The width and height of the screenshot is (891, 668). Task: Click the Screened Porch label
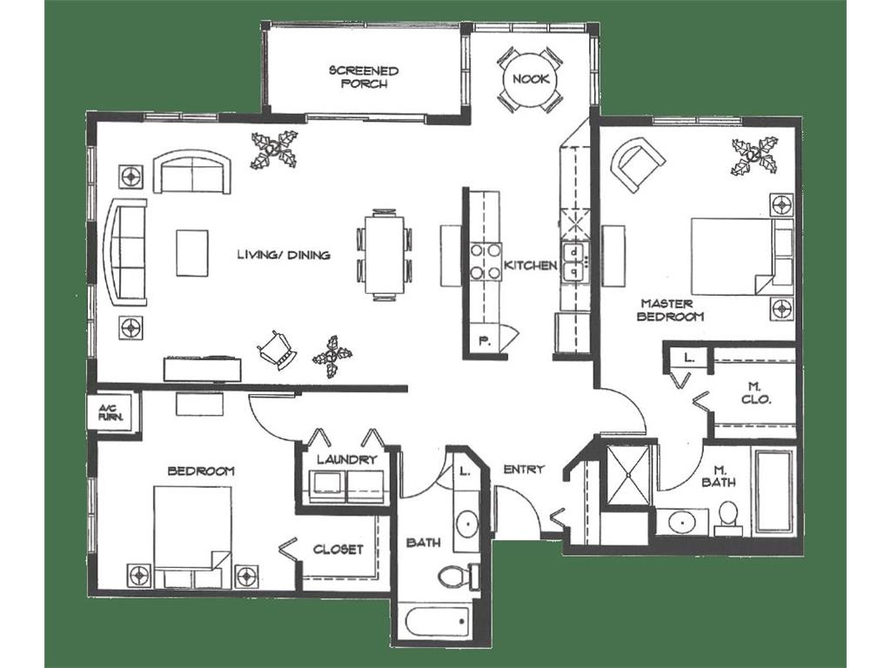click(x=364, y=77)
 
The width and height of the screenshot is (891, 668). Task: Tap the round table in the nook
click(x=529, y=79)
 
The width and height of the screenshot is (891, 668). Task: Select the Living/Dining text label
click(x=284, y=255)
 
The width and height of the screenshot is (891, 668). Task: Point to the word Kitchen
click(x=530, y=264)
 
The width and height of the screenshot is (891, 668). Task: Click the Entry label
click(x=524, y=470)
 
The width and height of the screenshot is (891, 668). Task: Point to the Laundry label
click(x=346, y=459)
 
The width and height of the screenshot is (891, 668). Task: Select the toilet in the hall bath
click(x=455, y=575)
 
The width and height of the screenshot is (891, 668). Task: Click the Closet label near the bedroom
click(x=338, y=550)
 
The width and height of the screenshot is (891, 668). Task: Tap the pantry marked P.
click(x=484, y=341)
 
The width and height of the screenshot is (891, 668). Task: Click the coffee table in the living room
click(x=192, y=252)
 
